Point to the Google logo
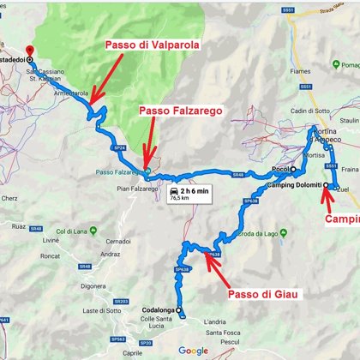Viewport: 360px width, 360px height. point(195,350)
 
